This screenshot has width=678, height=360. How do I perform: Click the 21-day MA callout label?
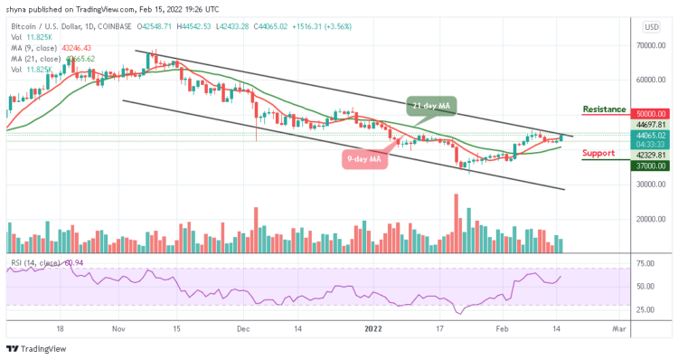tap(432, 106)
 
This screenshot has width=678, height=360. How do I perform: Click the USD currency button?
tap(650, 26)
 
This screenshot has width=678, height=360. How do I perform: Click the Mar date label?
tap(618, 331)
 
